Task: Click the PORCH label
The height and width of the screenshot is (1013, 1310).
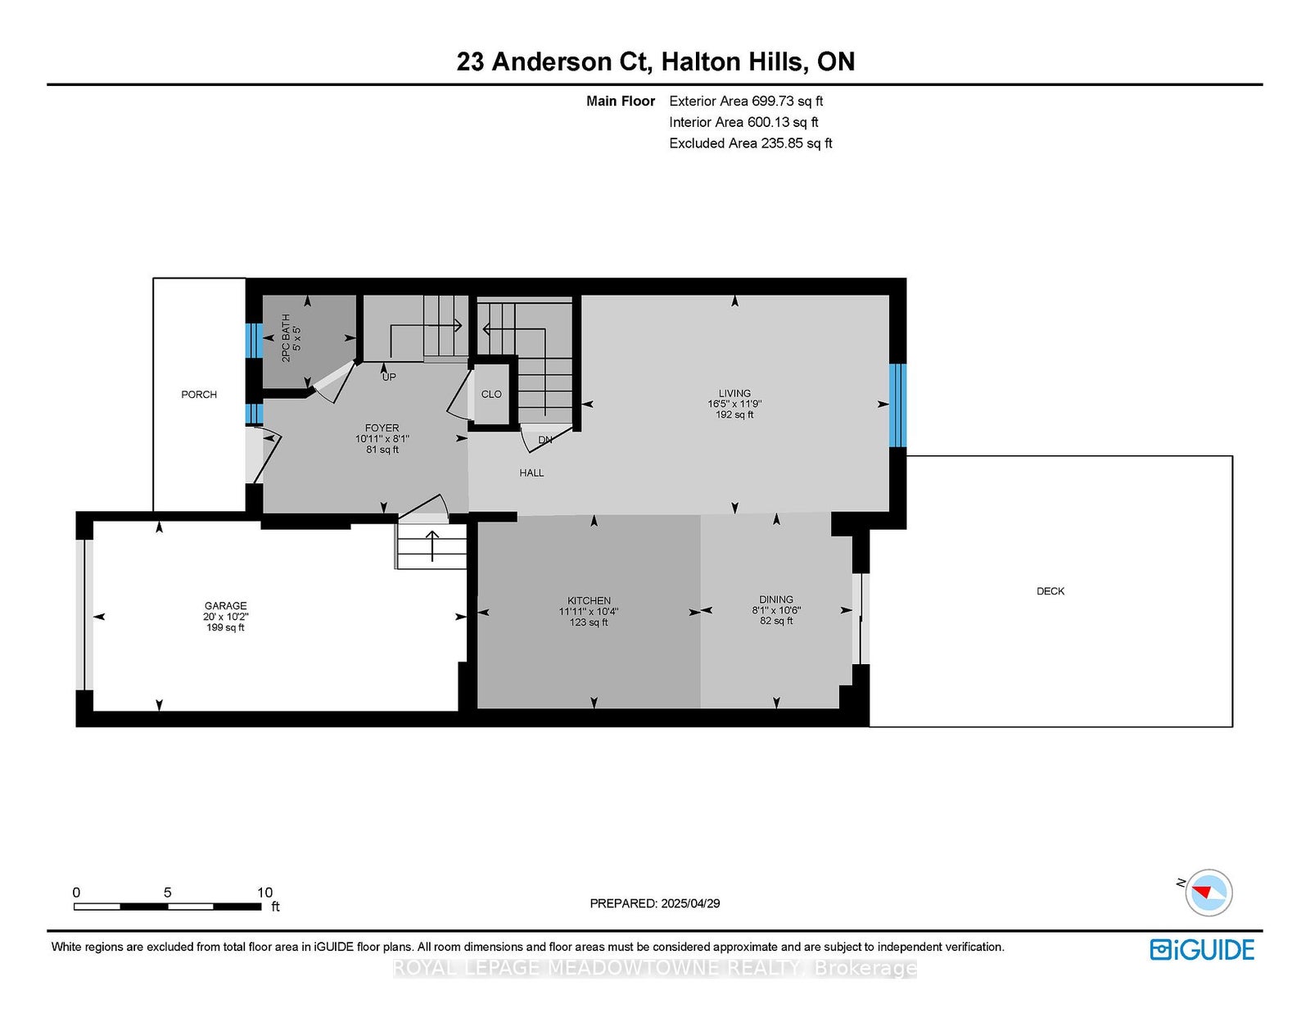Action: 199,395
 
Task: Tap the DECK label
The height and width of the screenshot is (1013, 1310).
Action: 1050,591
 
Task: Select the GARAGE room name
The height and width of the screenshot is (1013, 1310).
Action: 225,605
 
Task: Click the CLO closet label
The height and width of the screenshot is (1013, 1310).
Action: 491,394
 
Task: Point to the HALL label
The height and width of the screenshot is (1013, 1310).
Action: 531,473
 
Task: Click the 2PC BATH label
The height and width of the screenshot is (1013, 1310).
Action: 286,337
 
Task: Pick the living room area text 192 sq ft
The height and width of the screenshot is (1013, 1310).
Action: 734,415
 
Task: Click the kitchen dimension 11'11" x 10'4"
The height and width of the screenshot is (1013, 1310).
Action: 589,612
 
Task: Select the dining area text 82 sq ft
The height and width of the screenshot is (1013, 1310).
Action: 776,621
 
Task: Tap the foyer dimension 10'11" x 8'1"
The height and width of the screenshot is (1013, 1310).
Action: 382,439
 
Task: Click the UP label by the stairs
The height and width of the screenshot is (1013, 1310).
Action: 389,377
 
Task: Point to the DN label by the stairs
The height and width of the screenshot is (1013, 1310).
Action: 545,440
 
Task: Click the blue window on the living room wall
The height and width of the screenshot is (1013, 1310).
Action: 897,405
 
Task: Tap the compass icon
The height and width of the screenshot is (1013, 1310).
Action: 1208,893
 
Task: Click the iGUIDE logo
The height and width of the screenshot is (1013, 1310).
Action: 1202,950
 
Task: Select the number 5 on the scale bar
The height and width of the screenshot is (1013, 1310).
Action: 168,892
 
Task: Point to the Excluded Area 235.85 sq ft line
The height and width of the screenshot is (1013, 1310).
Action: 751,143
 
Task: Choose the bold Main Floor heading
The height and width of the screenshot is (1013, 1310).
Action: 621,101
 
